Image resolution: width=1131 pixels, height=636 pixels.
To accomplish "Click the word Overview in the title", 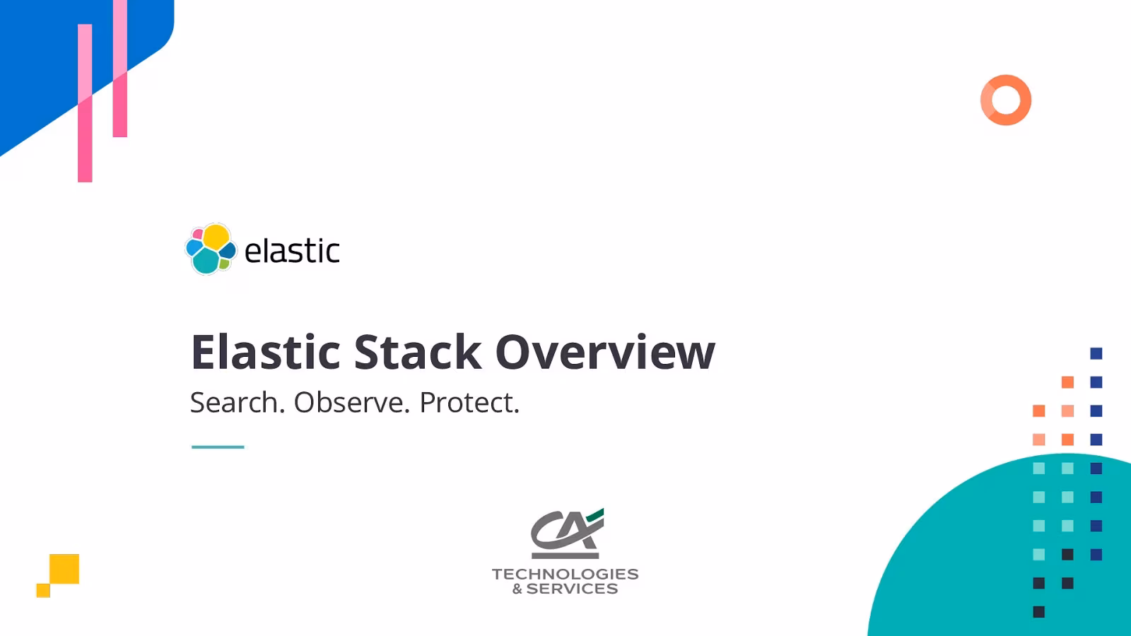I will pos(605,352).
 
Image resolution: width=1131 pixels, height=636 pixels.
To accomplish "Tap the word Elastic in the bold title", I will pos(266,352).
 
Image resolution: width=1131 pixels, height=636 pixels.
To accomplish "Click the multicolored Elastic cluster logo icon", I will pos(210,249).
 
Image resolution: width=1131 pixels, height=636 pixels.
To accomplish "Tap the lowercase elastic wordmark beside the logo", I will pos(292,251).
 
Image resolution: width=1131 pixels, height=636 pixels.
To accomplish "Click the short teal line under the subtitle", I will pos(218,447).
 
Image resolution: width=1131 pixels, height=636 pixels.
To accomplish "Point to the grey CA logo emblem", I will pos(565,534).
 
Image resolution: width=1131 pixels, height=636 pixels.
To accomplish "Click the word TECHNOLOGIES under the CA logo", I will pos(565,574).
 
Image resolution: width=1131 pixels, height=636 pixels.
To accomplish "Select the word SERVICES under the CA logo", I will pos(572,589).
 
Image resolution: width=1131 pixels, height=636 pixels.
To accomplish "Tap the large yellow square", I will pos(64,569).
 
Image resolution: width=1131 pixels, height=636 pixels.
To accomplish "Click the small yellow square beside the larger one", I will pos(43,590).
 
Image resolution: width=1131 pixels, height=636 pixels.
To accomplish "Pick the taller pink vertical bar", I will pos(85,102).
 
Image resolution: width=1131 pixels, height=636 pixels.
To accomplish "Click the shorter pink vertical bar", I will pos(120,71).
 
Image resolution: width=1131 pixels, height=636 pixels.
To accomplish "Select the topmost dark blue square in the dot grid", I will pos(1096,353).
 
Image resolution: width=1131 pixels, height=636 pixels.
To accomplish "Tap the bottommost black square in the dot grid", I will pos(1038,612).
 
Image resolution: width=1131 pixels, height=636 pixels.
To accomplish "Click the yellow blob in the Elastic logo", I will pos(216,237).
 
